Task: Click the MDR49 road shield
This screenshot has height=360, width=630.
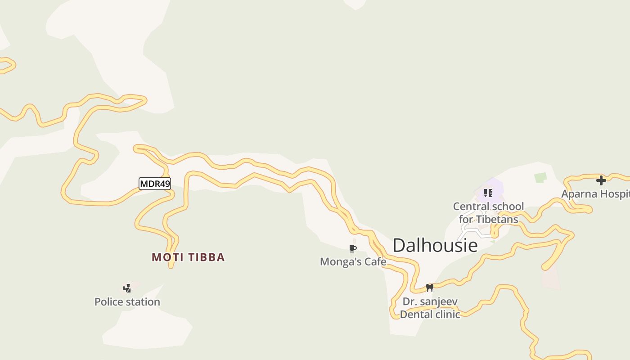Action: [154, 184]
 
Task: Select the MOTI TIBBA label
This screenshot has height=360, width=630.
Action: [188, 257]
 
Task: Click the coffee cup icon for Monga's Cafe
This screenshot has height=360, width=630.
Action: [353, 249]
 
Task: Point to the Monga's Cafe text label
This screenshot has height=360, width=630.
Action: [353, 261]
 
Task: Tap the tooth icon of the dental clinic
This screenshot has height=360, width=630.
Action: [429, 288]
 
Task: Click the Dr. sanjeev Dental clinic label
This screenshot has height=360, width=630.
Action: [430, 308]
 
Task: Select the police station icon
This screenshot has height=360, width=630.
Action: [127, 288]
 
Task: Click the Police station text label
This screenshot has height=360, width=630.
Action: [127, 302]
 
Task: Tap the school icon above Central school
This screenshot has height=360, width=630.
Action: [488, 193]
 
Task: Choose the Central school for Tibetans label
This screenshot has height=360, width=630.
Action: [488, 213]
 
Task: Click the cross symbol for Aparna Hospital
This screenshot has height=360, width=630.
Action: [601, 180]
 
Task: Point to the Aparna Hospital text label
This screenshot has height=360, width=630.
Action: [595, 194]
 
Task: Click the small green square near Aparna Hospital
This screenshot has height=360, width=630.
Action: [540, 178]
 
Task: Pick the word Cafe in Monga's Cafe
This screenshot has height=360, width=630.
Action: [375, 261]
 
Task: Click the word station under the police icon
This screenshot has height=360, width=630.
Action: [143, 302]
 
